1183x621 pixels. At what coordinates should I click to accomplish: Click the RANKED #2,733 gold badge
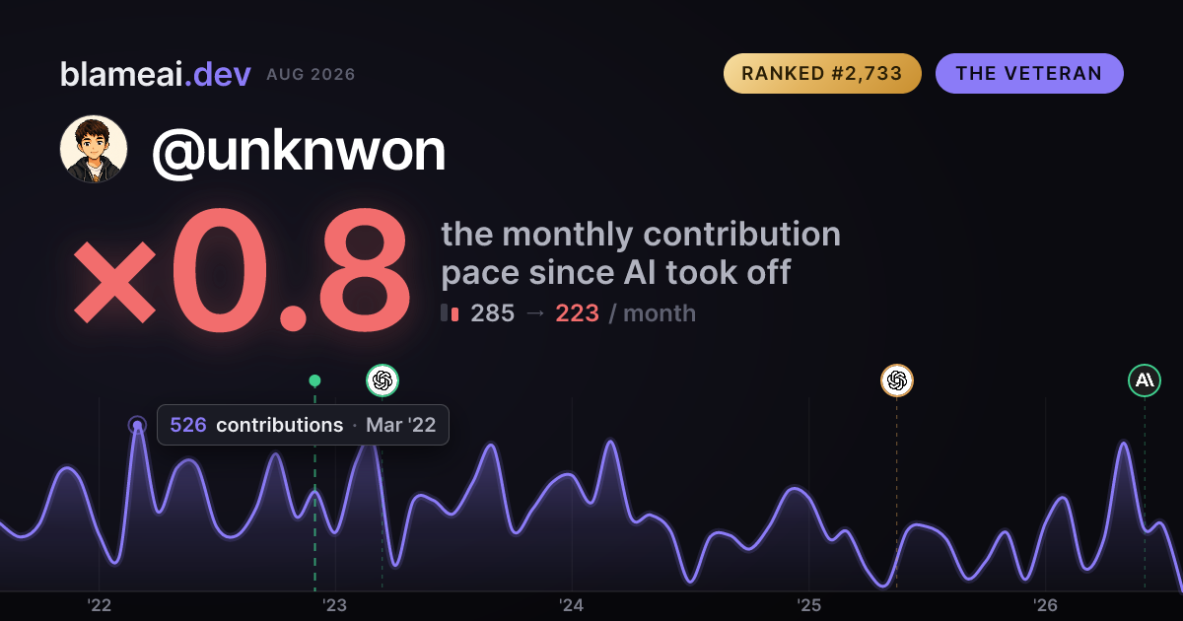pyautogui.click(x=822, y=73)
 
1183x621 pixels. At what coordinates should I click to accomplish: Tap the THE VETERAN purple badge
pyautogui.click(x=1029, y=73)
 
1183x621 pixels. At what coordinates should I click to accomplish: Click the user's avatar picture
pyautogui.click(x=94, y=150)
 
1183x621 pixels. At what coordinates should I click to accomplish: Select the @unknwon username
pyautogui.click(x=299, y=152)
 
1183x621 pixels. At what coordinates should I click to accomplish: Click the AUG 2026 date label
pyautogui.click(x=312, y=75)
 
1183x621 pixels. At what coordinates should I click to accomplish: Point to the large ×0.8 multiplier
pyautogui.click(x=242, y=269)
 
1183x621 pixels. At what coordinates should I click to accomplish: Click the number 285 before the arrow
pyautogui.click(x=492, y=313)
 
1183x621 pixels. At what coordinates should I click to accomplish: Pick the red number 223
pyautogui.click(x=578, y=313)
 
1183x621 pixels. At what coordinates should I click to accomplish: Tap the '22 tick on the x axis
pyautogui.click(x=99, y=605)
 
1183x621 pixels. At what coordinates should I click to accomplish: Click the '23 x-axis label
pyautogui.click(x=335, y=605)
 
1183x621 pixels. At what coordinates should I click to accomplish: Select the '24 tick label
pyautogui.click(x=572, y=605)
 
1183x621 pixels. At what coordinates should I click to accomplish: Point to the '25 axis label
pyautogui.click(x=808, y=605)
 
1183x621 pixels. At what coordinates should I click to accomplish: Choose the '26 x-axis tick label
pyautogui.click(x=1045, y=605)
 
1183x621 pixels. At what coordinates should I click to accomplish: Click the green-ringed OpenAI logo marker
pyautogui.click(x=383, y=380)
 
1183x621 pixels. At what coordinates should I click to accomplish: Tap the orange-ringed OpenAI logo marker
pyautogui.click(x=897, y=380)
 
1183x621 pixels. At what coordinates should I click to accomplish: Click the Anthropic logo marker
pyautogui.click(x=1145, y=380)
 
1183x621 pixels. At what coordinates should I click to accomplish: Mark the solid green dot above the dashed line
pyautogui.click(x=314, y=380)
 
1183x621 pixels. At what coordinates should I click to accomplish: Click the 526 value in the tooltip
pyautogui.click(x=188, y=425)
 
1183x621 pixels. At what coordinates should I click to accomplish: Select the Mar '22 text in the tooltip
pyautogui.click(x=401, y=425)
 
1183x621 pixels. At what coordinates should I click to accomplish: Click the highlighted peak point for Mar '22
pyautogui.click(x=137, y=425)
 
